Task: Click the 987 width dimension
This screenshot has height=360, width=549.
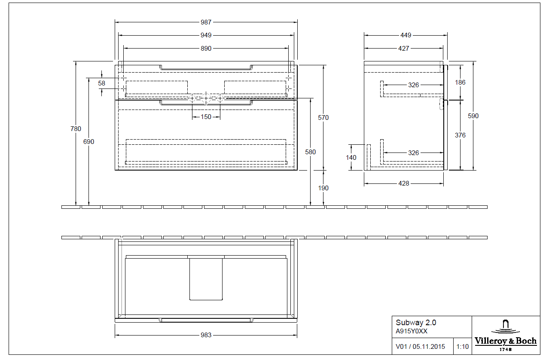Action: pos(206,22)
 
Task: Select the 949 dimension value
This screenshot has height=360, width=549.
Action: pos(206,35)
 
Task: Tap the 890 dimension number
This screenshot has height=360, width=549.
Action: pos(206,49)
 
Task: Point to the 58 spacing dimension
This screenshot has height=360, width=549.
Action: pos(101,83)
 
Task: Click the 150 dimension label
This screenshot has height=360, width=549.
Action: pos(206,116)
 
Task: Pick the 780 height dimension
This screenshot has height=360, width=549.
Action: pos(76,128)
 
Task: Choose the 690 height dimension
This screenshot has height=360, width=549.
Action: pos(89,141)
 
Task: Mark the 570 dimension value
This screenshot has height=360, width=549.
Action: pos(323,117)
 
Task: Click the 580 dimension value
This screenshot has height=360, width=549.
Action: pos(310,152)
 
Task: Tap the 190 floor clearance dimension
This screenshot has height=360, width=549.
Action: pos(323,188)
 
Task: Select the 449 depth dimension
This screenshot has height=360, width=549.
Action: pos(406,35)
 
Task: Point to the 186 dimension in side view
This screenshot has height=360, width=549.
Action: pos(460,82)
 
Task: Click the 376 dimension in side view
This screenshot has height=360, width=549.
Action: pos(460,135)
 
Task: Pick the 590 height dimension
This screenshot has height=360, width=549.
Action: pos(473,116)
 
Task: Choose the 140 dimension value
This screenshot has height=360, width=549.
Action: pos(351,157)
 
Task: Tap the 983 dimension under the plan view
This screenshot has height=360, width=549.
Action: pos(206,335)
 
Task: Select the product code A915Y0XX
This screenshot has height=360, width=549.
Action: pos(411,331)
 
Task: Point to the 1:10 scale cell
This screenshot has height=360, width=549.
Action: pos(463,346)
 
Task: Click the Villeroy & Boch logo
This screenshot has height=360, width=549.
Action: pos(506,335)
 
